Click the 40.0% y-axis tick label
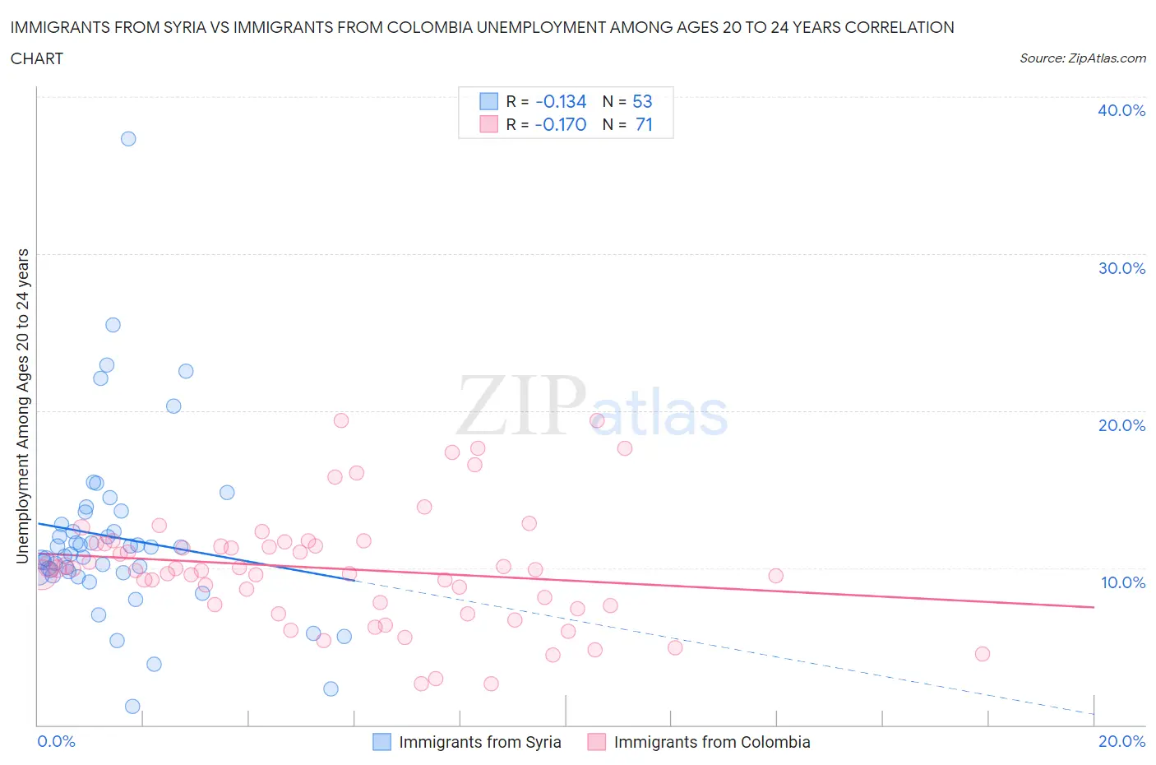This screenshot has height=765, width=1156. tap(1121, 110)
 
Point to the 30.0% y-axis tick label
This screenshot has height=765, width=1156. tap(1121, 268)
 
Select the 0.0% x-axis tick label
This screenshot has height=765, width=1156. tap(56, 741)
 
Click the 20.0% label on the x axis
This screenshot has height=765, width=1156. tap(1121, 741)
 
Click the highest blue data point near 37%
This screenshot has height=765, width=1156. tap(128, 138)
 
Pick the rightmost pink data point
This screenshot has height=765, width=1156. tap(982, 654)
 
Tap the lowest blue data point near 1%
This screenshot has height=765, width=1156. tap(132, 707)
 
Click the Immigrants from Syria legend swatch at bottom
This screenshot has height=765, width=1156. tap(381, 742)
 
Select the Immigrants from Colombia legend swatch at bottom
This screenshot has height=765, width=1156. tap(596, 742)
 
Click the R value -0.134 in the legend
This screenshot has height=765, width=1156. tap(561, 101)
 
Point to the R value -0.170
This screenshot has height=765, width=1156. tap(561, 124)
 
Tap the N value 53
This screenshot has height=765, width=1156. tap(642, 101)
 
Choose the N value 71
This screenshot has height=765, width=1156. tap(644, 124)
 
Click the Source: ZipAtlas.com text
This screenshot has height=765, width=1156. tap(1082, 58)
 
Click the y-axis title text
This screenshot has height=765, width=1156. tap(22, 406)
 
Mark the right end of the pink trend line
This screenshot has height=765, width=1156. tap(1094, 607)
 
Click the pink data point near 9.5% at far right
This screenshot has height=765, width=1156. tap(775, 576)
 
